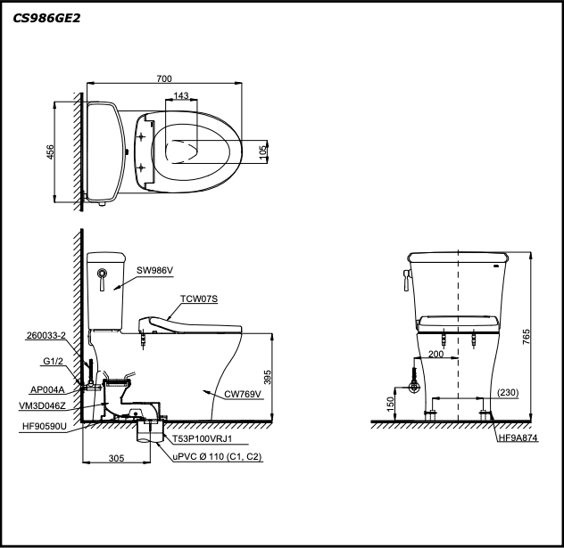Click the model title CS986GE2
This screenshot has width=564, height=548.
coord(46,18)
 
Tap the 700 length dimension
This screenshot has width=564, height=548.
coord(164,79)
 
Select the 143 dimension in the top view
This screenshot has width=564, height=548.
coord(181,95)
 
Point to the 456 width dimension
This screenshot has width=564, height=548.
coord(50,152)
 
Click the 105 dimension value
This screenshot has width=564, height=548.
coord(262,151)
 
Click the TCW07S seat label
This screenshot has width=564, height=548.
coord(200,299)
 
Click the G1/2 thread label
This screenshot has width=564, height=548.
coord(54,362)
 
